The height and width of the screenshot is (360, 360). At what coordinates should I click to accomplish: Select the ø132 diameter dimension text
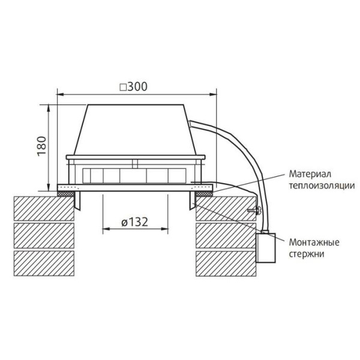134,222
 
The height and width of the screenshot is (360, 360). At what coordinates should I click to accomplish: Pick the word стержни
306,254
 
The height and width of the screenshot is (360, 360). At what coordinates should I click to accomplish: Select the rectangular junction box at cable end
267,248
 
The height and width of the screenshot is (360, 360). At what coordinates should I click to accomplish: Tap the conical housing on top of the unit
134,129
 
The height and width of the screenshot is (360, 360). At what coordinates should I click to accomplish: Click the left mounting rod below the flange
77,202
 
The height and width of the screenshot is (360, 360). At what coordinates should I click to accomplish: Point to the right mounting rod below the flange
192,202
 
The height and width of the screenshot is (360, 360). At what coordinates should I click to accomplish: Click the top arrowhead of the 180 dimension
48,106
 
